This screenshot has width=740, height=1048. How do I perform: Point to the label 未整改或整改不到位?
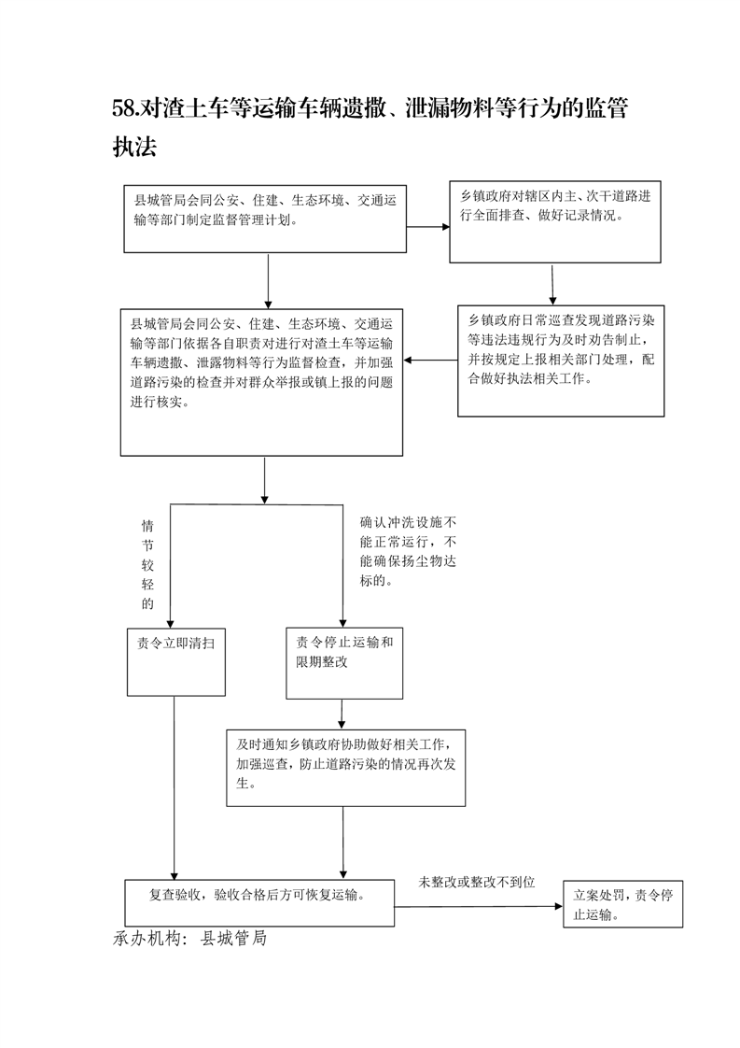pyautogui.click(x=477, y=883)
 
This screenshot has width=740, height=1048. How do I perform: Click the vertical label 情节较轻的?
pyautogui.click(x=147, y=565)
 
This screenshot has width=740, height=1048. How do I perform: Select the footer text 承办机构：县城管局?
pyautogui.click(x=189, y=938)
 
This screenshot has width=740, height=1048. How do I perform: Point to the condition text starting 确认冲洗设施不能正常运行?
pyautogui.click(x=408, y=551)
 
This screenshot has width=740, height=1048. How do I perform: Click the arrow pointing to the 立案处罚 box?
pyautogui.click(x=478, y=906)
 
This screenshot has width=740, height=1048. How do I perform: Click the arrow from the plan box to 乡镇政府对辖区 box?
pyautogui.click(x=428, y=227)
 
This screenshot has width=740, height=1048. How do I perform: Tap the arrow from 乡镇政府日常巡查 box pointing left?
pyautogui.click(x=430, y=361)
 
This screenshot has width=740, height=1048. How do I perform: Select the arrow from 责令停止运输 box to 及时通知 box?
pyautogui.click(x=342, y=714)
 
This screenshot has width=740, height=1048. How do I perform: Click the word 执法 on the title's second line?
pyautogui.click(x=134, y=147)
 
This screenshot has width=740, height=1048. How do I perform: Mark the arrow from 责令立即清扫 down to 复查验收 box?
pyautogui.click(x=175, y=788)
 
